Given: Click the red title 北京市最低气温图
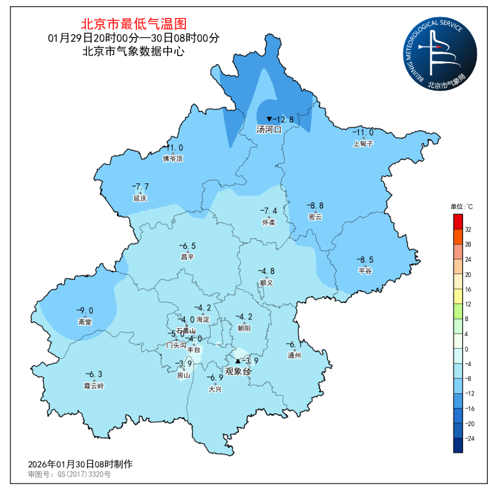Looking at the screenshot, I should pos(133,24).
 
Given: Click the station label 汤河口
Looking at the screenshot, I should pos(269,130).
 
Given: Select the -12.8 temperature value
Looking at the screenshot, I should pos(284,119).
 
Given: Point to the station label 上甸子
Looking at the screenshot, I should pos(363,144).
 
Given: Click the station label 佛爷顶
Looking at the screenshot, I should pos(172,158).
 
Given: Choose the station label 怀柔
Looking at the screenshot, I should pos(269,222).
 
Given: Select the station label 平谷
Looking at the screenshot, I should pos(365,271).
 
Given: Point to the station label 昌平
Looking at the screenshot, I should pos(187,257).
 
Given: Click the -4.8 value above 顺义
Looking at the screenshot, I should pos(266,271).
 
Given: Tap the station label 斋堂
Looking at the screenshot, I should pos(84,322).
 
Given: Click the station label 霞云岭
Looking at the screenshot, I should pos(94,386).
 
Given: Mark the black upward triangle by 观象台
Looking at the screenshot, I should pos(237,361).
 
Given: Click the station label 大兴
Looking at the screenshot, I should pos(215,390).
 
